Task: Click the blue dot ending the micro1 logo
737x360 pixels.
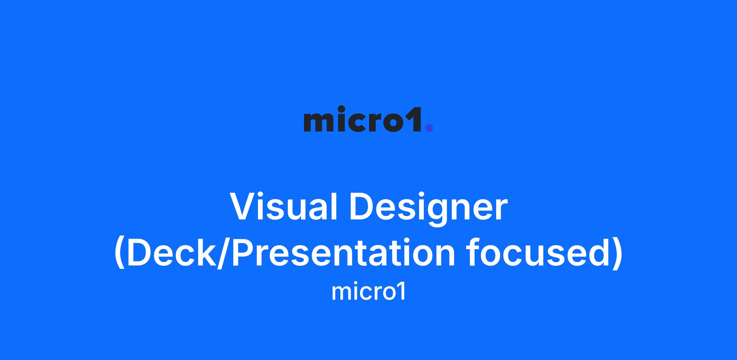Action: click(429, 128)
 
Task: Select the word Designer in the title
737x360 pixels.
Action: click(429, 210)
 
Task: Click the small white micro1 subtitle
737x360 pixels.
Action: click(368, 292)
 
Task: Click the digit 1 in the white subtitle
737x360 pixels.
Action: click(401, 292)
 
